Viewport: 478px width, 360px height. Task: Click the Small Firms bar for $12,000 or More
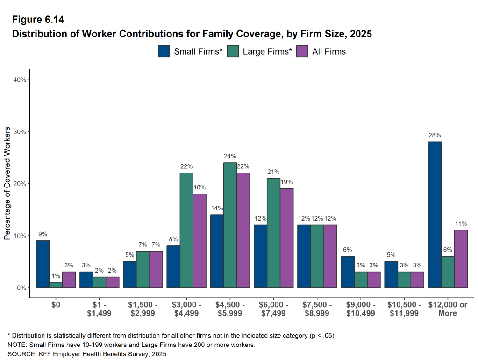435,215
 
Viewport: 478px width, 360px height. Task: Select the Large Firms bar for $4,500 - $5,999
230,225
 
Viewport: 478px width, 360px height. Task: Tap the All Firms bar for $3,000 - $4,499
200,240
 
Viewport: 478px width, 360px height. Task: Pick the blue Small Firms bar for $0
43,264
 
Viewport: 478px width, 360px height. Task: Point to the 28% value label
435,135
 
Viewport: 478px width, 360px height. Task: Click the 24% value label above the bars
230,156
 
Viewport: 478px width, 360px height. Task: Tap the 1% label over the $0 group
56,276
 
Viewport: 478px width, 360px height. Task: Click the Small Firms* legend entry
190,51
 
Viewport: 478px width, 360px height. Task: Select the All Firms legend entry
321,51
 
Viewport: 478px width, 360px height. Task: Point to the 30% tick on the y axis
19,131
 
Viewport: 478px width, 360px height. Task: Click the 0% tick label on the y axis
21,288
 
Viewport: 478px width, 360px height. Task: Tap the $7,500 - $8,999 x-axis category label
317,309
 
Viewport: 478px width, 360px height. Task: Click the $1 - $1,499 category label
99,309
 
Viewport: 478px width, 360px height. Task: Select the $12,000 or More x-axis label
447,309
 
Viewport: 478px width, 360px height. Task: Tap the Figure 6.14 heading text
37,20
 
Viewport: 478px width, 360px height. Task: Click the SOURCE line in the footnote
86,354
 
